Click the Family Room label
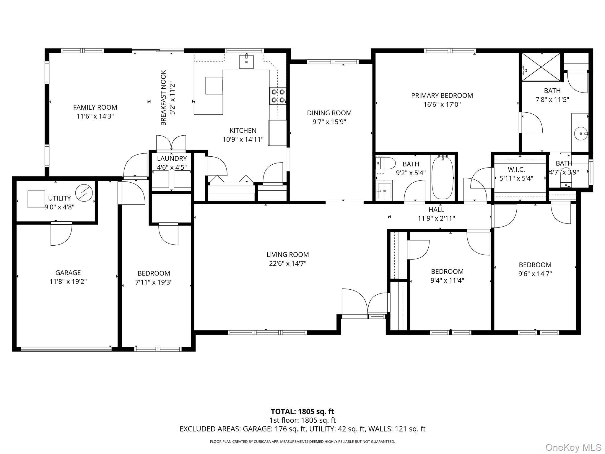tap(95, 107)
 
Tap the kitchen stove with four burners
tap(278, 96)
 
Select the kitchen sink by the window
tap(246, 62)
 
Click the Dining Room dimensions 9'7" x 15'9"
tap(329, 122)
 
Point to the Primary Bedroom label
tap(442, 95)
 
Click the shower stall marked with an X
tap(541, 67)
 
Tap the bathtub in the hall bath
tap(443, 178)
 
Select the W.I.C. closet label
tap(516, 170)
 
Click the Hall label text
tap(436, 210)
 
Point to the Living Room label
tap(287, 254)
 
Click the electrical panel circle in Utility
tap(84, 193)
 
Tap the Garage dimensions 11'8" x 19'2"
tap(68, 281)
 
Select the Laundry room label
tap(172, 158)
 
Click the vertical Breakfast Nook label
tap(163, 98)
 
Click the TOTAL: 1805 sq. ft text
tap(302, 411)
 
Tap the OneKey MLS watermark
tap(573, 447)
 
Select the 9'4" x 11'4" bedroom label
tap(447, 271)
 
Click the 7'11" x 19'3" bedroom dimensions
tap(154, 282)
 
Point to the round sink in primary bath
tap(581, 134)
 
